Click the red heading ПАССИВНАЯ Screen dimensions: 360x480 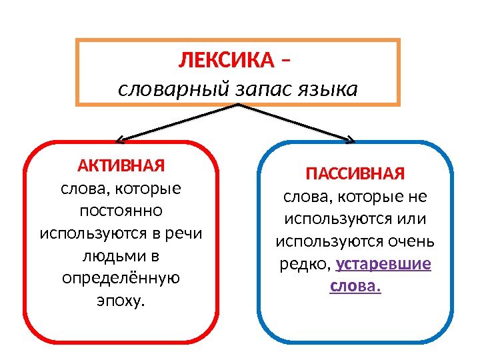355,175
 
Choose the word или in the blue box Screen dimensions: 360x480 411,219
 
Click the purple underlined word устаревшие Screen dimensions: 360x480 384,263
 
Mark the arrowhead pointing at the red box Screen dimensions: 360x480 121,139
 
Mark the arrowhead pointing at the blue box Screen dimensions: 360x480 350,139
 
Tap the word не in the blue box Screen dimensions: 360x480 420,197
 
